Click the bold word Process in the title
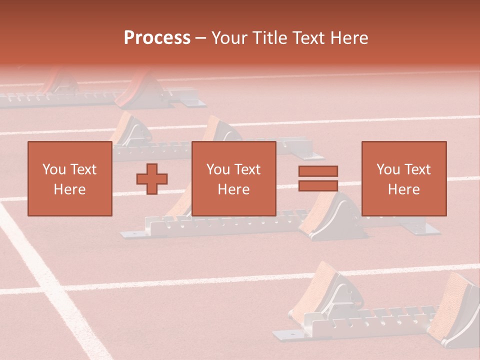(x=157, y=38)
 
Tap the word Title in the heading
(x=267, y=38)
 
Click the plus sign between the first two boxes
(x=152, y=178)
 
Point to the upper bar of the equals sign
(x=318, y=171)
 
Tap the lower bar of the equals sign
(x=318, y=185)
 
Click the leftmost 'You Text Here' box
(x=69, y=178)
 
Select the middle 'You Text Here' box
(x=233, y=178)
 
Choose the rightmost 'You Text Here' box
(x=403, y=178)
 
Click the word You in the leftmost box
(x=54, y=169)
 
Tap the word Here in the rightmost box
(x=403, y=189)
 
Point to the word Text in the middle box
(x=248, y=169)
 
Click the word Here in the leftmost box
(x=69, y=189)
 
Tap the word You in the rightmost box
(x=388, y=169)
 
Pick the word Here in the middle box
(x=233, y=189)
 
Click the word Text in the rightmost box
(x=418, y=169)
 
